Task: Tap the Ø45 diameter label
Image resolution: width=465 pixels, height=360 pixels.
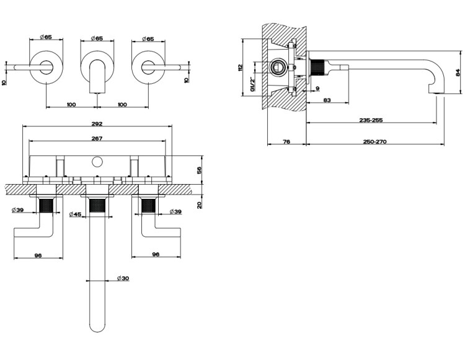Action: pos(76,214)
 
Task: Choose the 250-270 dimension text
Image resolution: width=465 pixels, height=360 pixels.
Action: pos(373,142)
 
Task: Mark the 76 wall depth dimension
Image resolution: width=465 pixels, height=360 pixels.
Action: pos(286,142)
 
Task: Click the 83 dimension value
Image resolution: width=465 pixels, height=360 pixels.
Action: pos(327,100)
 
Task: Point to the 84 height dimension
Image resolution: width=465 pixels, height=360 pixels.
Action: pos(458,73)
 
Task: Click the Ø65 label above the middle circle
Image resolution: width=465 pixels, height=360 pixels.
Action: pos(97,38)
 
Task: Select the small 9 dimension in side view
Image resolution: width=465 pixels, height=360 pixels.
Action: pos(317,89)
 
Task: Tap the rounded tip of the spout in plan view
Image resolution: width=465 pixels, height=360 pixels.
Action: pos(97,325)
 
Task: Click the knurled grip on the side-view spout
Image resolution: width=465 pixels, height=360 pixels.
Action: pos(319,67)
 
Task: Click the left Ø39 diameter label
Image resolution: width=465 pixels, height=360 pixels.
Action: pos(17,211)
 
